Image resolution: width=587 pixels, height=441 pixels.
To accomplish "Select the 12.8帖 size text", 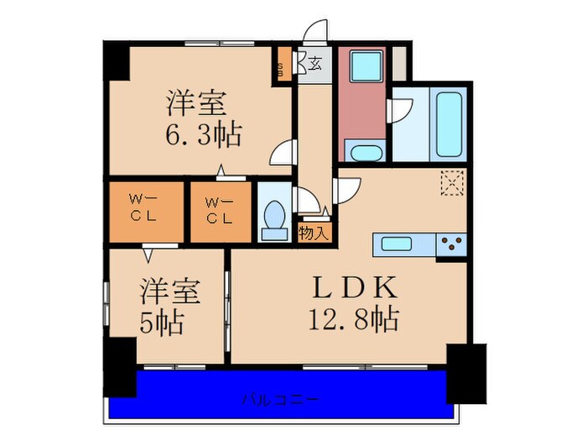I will coord(356,319).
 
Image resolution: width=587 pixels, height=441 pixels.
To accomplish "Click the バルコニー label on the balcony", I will coord(282,397).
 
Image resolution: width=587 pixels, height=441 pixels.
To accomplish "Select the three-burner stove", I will coord(452,244).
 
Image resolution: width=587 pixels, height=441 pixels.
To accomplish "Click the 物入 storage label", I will coord(314,233).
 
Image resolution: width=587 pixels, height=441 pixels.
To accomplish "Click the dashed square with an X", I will coord(452,183).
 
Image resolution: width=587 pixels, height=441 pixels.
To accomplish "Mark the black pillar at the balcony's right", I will coord(466,372).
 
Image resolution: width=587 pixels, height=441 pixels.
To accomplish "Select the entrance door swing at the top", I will coord(316,34).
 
